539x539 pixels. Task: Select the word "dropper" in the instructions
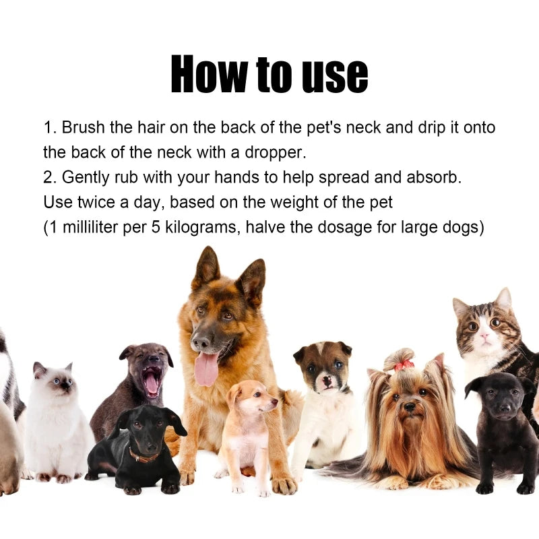click(x=274, y=152)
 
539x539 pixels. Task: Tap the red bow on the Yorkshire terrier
click(x=404, y=364)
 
